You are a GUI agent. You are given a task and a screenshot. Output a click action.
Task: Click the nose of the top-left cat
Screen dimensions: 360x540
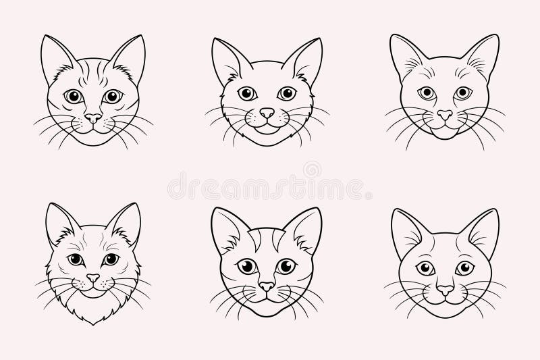92,117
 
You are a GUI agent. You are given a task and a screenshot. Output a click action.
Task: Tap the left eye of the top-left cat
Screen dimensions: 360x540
73,96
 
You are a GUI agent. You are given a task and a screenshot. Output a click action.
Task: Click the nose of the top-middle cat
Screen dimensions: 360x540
268,113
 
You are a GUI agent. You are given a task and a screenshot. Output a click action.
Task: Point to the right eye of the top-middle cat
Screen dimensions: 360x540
288,93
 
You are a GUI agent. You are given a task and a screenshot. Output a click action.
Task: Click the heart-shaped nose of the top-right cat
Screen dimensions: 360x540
444,115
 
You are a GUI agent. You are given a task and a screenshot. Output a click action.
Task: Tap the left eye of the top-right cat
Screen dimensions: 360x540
426,93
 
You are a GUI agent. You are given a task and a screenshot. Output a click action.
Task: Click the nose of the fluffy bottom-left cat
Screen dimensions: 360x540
92,278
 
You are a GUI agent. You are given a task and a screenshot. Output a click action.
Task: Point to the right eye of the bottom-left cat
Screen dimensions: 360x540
110,259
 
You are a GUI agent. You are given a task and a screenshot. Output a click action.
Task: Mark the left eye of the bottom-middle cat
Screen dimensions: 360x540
247,267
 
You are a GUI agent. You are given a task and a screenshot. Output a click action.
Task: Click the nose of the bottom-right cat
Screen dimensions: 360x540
444,289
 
